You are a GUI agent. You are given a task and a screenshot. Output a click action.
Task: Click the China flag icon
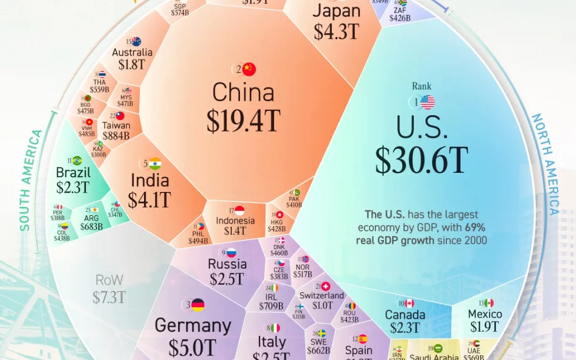[x=249, y=69]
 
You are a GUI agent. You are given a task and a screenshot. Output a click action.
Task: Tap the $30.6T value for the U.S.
[x=421, y=160]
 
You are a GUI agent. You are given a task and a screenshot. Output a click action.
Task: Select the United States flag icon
[x=428, y=102]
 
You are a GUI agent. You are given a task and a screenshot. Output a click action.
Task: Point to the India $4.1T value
[x=149, y=199]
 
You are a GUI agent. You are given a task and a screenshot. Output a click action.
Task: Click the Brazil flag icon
[x=77, y=161]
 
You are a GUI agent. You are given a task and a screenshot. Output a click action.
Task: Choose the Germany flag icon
[x=198, y=305]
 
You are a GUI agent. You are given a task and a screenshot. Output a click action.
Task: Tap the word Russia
[x=228, y=264]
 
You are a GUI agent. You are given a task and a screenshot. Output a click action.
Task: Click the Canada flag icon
[x=410, y=303]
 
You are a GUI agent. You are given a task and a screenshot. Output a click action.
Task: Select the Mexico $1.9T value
[x=484, y=327]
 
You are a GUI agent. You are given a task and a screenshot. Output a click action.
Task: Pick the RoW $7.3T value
[x=110, y=297]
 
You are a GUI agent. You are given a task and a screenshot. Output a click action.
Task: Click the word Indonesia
[x=235, y=221]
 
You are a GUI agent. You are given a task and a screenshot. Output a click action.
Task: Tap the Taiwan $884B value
[x=116, y=136]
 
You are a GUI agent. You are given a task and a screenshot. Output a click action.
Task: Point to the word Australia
[x=132, y=53]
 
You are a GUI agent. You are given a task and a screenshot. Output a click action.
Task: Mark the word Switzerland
[x=322, y=295]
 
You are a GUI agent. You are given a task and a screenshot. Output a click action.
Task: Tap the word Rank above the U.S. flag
[x=421, y=86]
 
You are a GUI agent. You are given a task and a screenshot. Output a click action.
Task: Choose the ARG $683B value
[x=91, y=227]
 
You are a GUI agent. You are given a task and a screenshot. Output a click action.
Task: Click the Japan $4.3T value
[x=336, y=31]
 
